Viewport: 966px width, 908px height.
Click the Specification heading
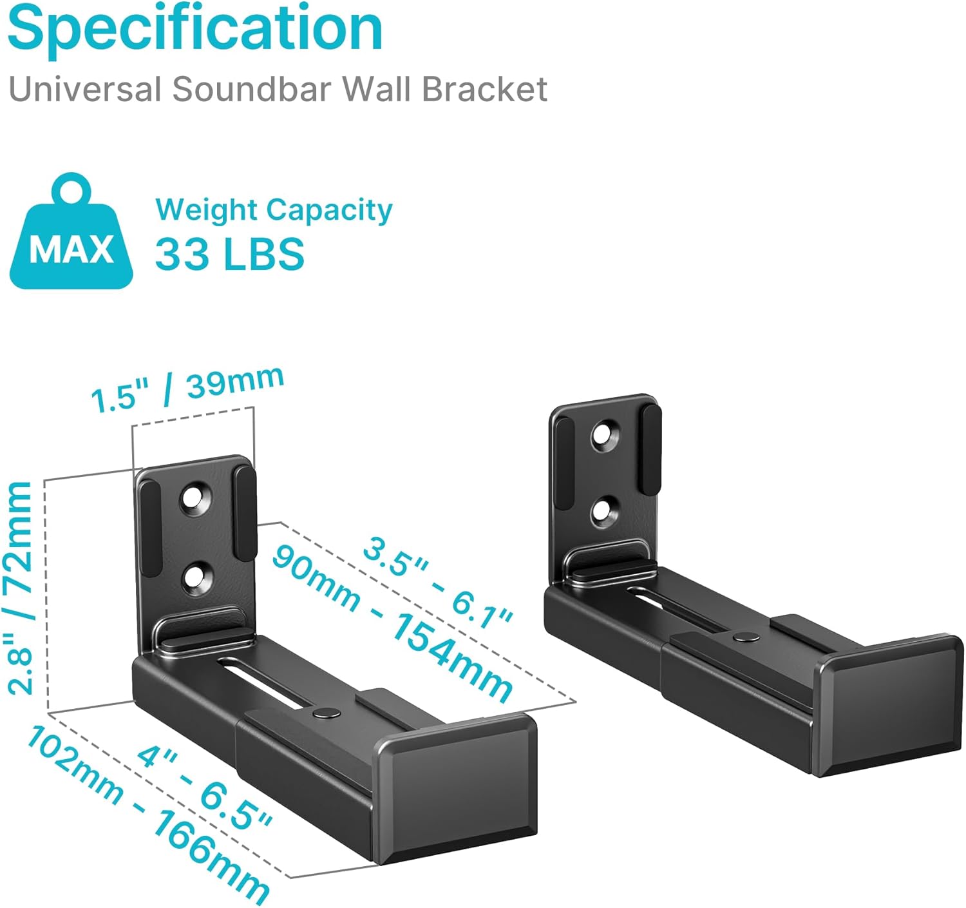point(195,29)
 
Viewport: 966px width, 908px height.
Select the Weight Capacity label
point(274,210)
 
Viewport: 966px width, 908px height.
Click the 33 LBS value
point(229,253)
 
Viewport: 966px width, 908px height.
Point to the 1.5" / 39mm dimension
point(187,389)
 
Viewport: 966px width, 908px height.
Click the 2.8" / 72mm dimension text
point(21,587)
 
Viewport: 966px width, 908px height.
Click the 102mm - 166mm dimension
point(147,815)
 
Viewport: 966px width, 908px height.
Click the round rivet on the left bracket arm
point(325,712)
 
